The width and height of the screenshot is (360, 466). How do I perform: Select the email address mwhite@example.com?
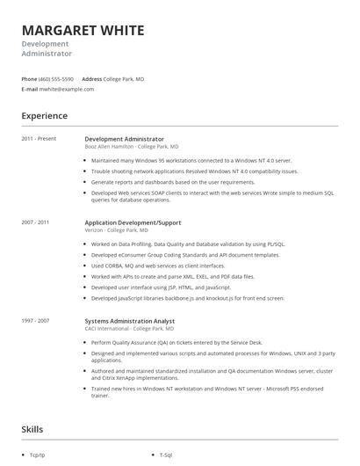point(69,89)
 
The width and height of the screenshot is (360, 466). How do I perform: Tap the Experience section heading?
point(45,115)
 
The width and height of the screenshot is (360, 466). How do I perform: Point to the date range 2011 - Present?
point(40,138)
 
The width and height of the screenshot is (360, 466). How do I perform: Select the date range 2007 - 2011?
point(36,222)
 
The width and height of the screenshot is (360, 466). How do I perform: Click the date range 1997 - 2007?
point(36,321)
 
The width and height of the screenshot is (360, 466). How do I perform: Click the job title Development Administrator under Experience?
point(124,138)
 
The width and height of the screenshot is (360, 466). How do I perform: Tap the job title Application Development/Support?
point(133,222)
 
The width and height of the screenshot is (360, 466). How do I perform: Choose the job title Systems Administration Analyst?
point(129,321)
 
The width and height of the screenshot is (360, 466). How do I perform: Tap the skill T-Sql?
point(167,455)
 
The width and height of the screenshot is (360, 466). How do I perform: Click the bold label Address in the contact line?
point(92,79)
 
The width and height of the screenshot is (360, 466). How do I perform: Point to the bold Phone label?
point(29,79)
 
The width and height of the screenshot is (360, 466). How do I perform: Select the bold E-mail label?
point(30,89)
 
